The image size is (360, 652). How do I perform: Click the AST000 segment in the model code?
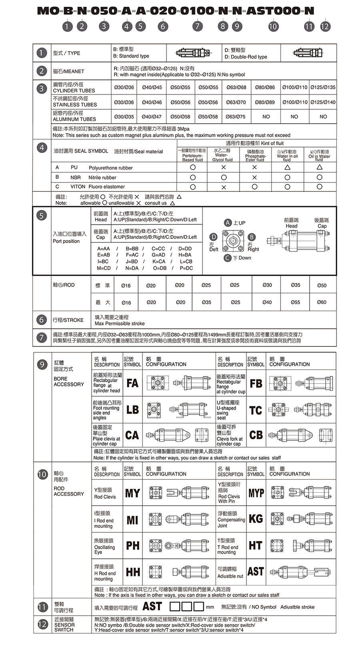click(x=273, y=11)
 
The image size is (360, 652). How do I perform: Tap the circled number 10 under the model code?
click(x=273, y=26)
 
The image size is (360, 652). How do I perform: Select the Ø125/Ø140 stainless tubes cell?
click(x=323, y=102)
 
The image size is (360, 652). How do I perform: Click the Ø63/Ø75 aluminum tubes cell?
click(x=236, y=117)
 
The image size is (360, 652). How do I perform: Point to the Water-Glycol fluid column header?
click(x=223, y=155)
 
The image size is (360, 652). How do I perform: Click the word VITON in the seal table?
click(x=78, y=187)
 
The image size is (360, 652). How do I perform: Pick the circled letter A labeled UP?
click(x=228, y=223)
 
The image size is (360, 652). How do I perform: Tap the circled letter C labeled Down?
click(x=227, y=258)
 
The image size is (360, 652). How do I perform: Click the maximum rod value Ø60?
click(x=322, y=302)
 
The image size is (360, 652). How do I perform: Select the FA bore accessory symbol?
click(x=132, y=383)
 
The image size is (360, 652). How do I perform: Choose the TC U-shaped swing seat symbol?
click(x=256, y=410)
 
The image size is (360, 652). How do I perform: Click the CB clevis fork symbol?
click(x=256, y=435)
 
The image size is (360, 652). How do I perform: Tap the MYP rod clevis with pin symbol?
click(x=256, y=493)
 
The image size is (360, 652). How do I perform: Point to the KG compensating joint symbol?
click(x=256, y=519)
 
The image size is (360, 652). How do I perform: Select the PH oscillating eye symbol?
click(x=133, y=546)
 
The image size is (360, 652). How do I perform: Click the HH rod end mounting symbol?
click(x=133, y=572)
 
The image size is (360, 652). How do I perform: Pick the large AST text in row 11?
click(x=152, y=606)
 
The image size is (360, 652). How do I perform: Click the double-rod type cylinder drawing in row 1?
click(x=308, y=53)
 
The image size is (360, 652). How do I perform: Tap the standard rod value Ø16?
click(x=126, y=286)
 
